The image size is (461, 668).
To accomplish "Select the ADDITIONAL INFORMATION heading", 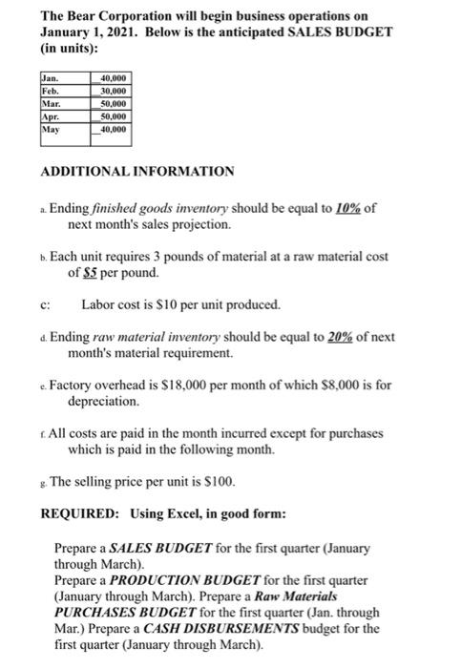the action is point(136,171).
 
